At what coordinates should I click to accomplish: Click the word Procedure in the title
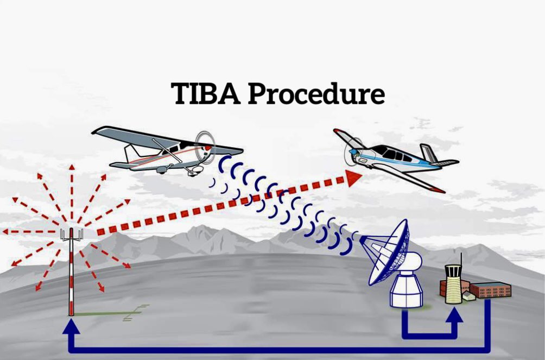coord(316,93)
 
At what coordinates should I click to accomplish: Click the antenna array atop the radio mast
coord(72,235)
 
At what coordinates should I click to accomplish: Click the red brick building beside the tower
coord(490,290)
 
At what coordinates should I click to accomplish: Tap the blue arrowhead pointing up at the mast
coord(71,325)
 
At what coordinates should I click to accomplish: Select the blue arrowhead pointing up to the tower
coord(453,315)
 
